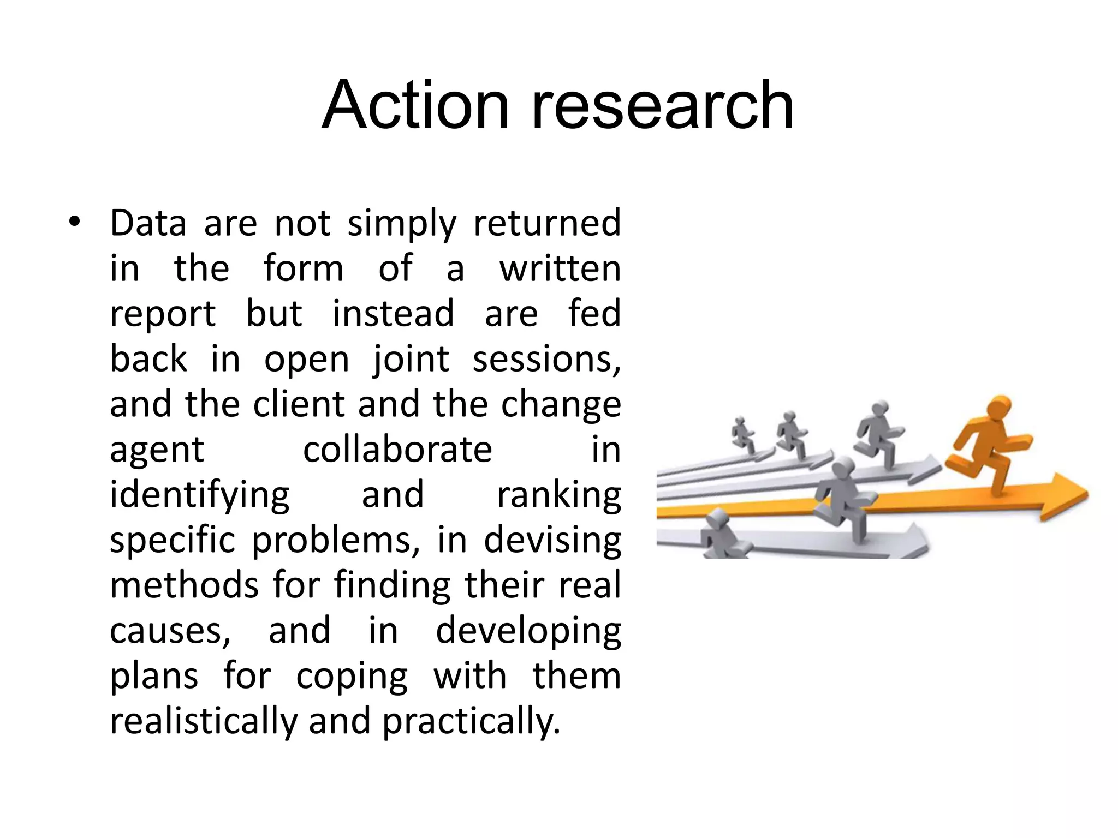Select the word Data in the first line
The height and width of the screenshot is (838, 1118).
pyautogui.click(x=148, y=223)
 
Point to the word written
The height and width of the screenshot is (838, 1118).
pyautogui.click(x=560, y=268)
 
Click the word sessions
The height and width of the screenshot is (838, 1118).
pyautogui.click(x=546, y=359)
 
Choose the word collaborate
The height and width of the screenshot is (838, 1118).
pyautogui.click(x=397, y=450)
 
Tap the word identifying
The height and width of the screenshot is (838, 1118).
pyautogui.click(x=200, y=495)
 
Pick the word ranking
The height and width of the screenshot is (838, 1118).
pyautogui.click(x=558, y=495)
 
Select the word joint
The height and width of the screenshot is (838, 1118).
pyautogui.click(x=411, y=359)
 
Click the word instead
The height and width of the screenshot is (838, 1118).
pyautogui.click(x=393, y=314)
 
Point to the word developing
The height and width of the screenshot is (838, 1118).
pyautogui.click(x=528, y=631)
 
